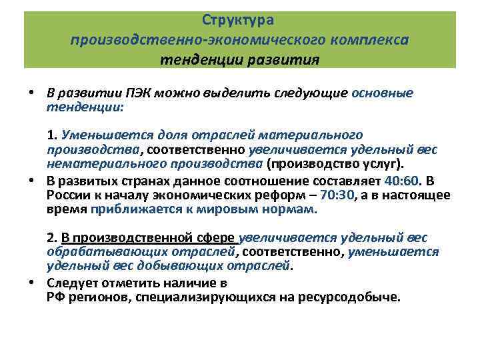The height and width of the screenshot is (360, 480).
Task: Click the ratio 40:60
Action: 401,182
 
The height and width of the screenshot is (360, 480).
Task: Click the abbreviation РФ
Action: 55,297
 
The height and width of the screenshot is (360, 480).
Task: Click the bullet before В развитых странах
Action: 31,181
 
